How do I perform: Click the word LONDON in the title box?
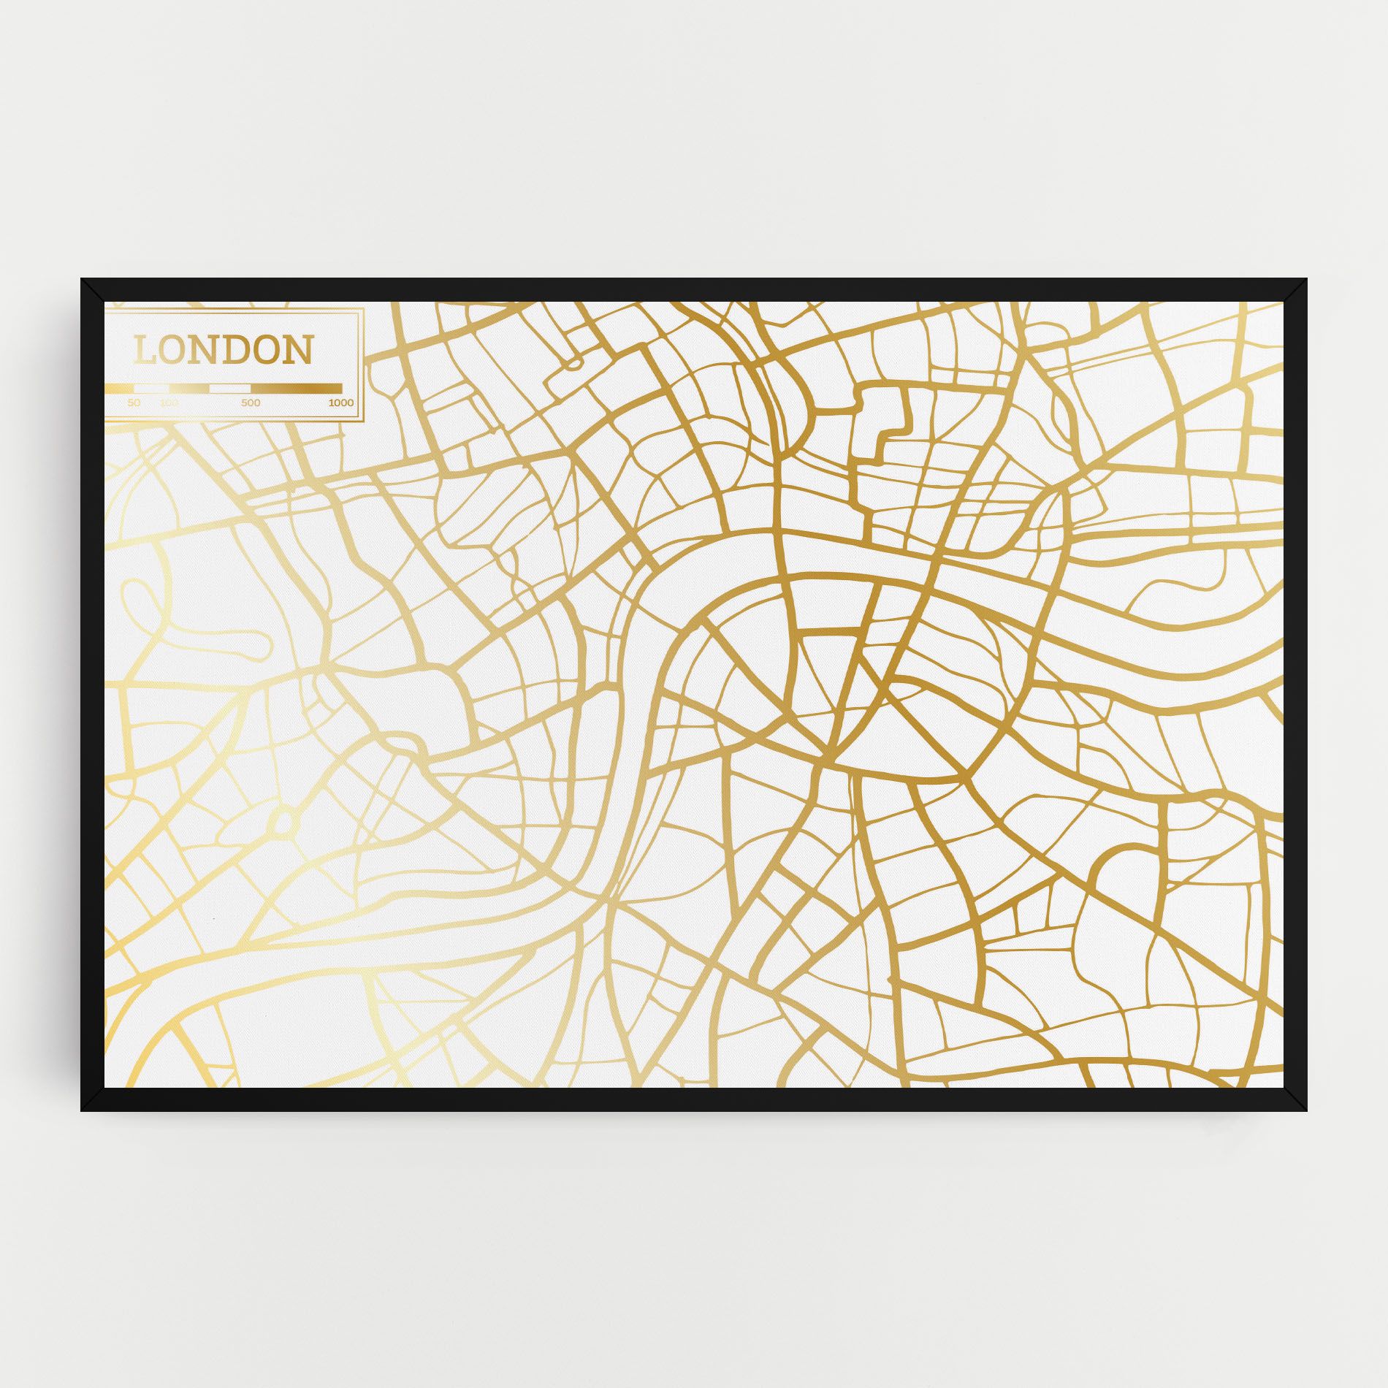pyautogui.click(x=223, y=350)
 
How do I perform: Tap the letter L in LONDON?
pyautogui.click(x=145, y=351)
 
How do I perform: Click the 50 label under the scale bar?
pyautogui.click(x=134, y=403)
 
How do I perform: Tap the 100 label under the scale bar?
pyautogui.click(x=169, y=403)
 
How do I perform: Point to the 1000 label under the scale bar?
pyautogui.click(x=340, y=403)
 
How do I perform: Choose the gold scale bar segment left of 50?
pyautogui.click(x=119, y=388)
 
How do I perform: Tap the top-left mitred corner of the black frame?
pyautogui.click(x=92, y=289)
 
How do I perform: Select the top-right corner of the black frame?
pyautogui.click(x=1296, y=289)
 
